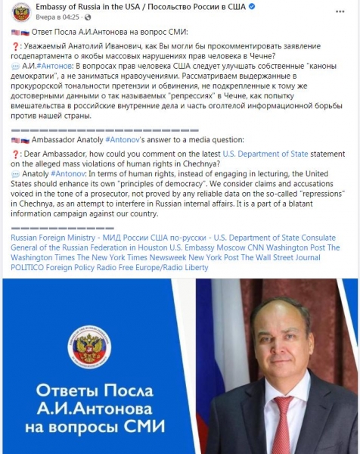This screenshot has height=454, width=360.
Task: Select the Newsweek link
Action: tap(164, 257)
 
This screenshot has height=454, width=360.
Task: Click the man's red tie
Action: tap(282, 424)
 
